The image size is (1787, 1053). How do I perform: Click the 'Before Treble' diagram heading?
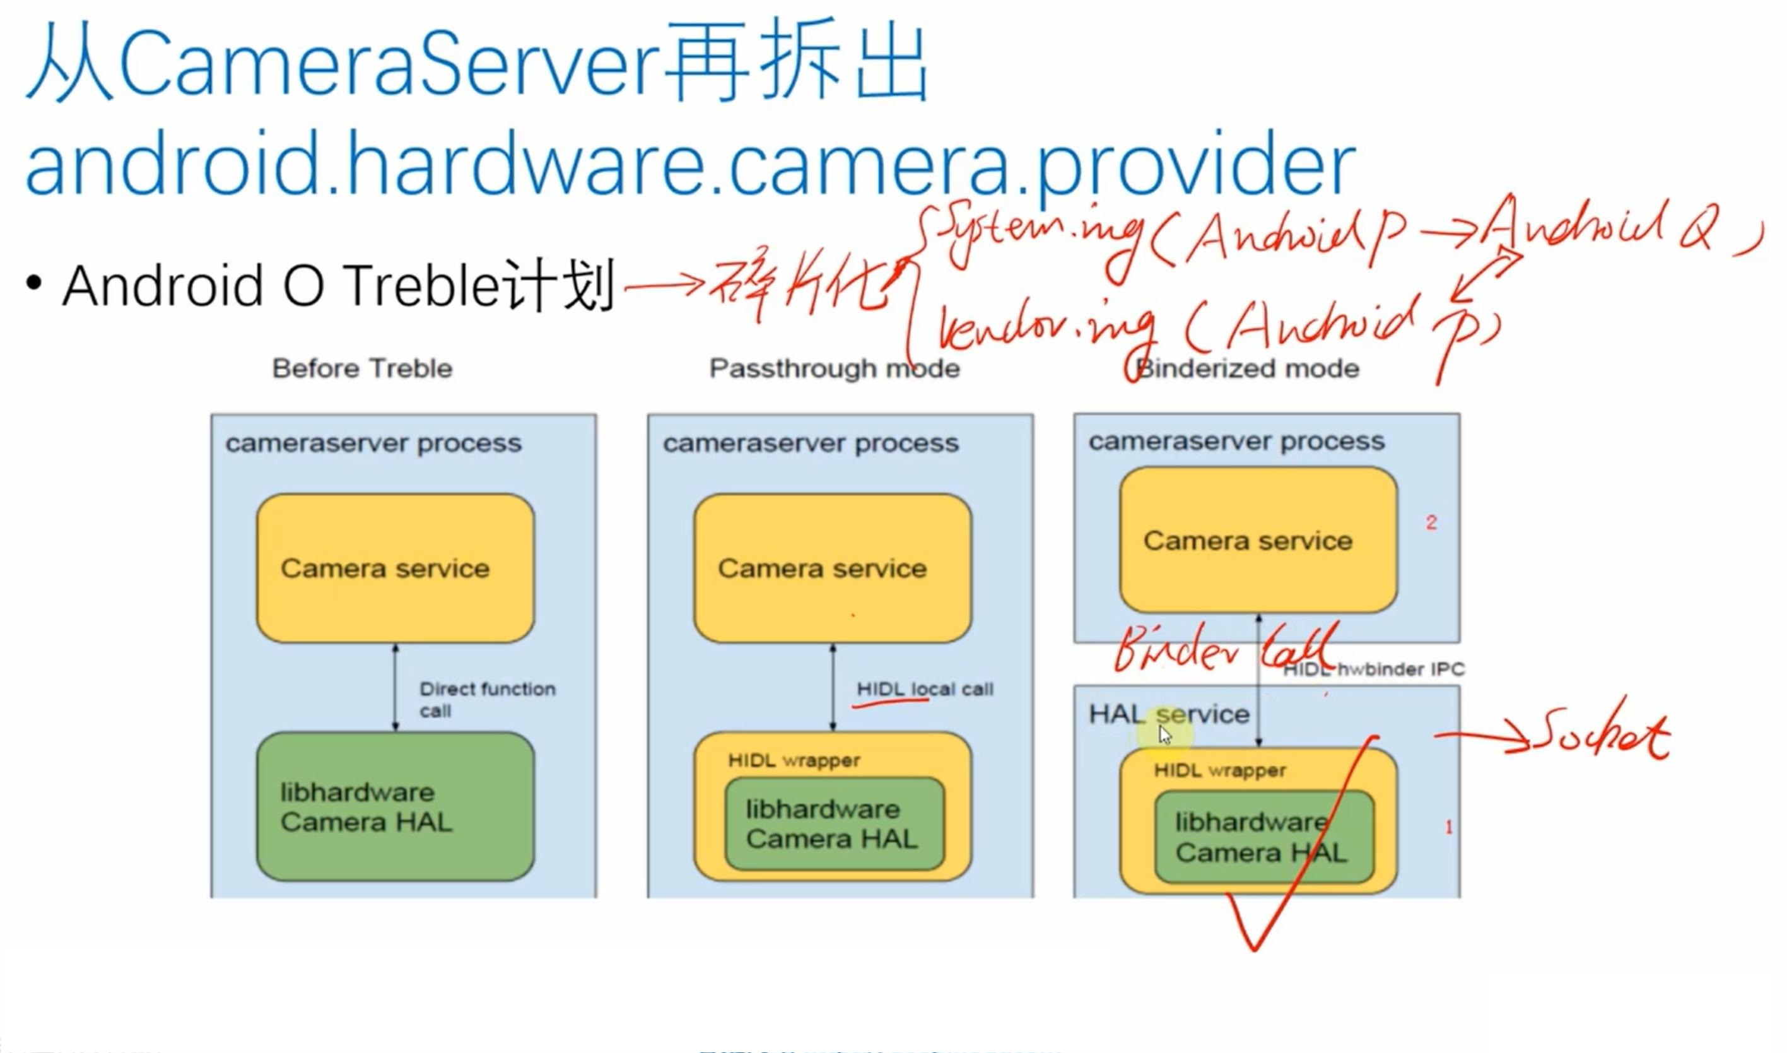362,368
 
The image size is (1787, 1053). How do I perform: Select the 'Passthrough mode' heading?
835,368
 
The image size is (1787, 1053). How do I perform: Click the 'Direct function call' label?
487,699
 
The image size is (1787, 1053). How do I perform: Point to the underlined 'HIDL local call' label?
924,689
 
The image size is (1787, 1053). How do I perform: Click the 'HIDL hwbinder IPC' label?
1373,669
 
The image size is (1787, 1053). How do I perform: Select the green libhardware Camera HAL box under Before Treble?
395,807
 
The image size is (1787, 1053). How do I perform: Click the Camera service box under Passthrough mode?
832,568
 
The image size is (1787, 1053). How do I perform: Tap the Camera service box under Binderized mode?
1258,541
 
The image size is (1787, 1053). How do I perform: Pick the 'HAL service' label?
1168,714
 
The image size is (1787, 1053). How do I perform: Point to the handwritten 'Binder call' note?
1224,649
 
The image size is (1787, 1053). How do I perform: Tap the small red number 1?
1449,827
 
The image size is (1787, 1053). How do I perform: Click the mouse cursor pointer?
1164,734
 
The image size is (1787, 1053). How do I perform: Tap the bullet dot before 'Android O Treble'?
33,283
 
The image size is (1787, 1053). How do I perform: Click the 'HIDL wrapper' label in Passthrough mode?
793,761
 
